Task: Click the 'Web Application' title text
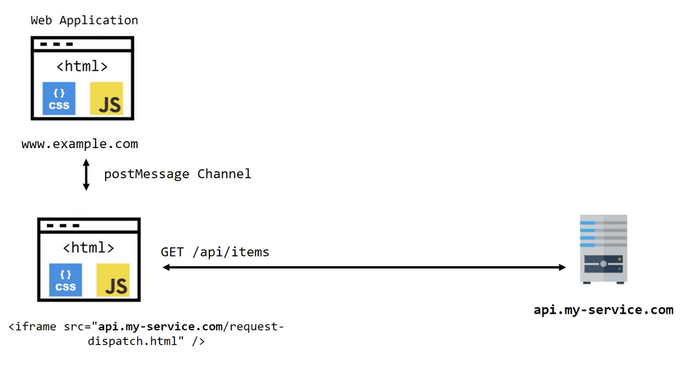(84, 20)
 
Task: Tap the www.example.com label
(80, 144)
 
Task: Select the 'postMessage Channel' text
(177, 174)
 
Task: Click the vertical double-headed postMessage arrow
(86, 175)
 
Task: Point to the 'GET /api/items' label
(215, 252)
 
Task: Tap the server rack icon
(603, 249)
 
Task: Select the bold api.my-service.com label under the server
(603, 310)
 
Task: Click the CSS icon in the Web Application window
(59, 98)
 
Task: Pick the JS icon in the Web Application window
(107, 98)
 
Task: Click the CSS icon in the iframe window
(66, 279)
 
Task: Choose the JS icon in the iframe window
(113, 279)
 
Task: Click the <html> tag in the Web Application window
(82, 66)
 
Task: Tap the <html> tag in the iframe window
(88, 247)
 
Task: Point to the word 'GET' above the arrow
(172, 252)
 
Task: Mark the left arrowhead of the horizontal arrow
(166, 268)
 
